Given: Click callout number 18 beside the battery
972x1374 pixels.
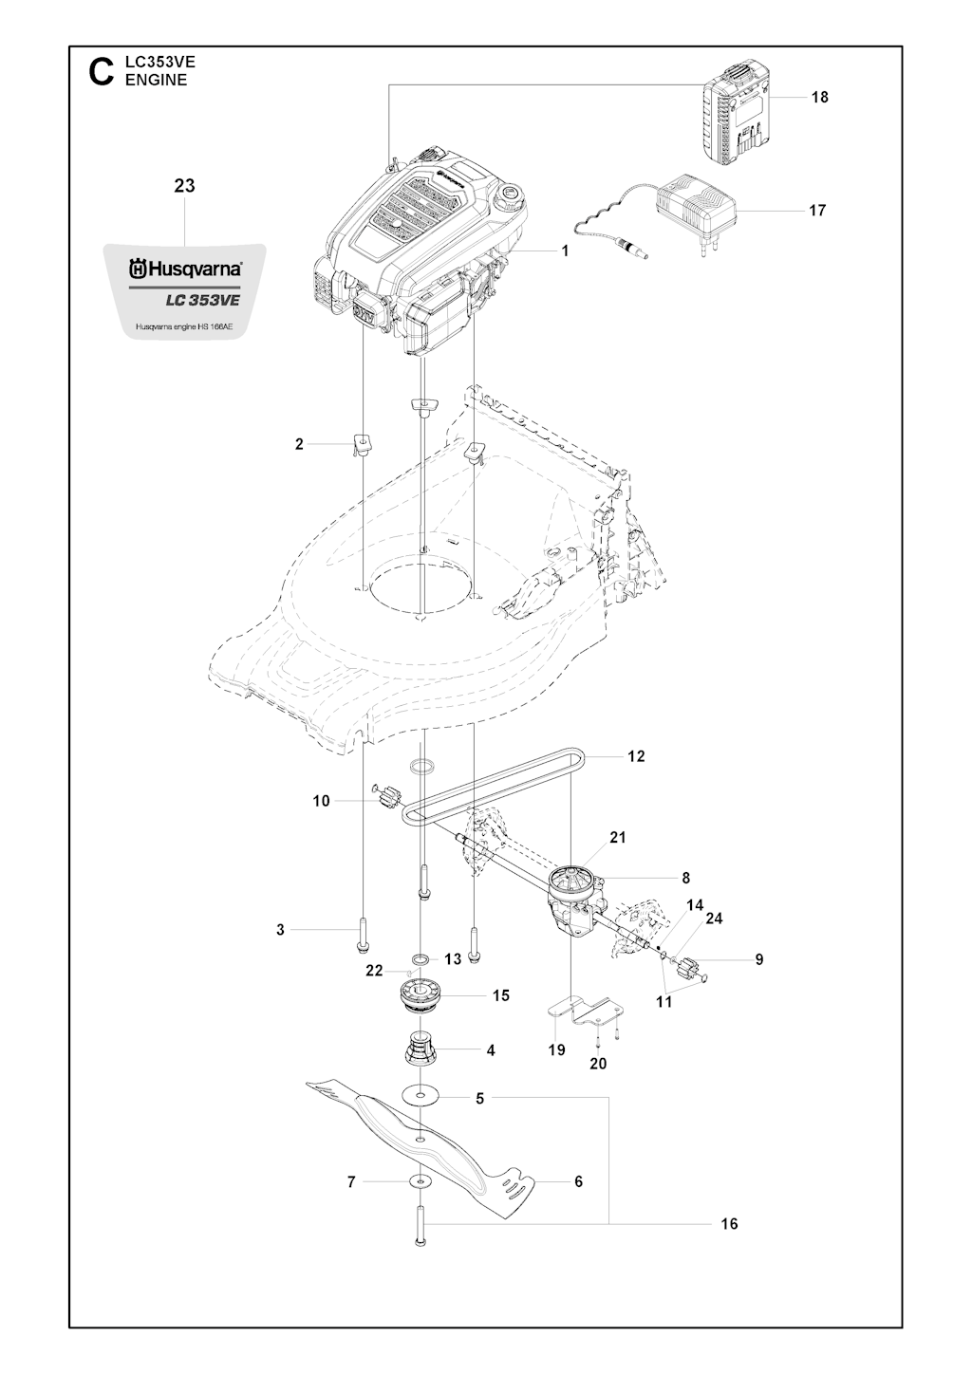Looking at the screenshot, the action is (x=820, y=97).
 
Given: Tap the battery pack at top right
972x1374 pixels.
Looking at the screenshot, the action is (x=736, y=116).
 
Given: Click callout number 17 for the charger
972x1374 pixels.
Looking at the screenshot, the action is (x=817, y=211).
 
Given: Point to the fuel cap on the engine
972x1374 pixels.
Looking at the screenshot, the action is (x=509, y=195).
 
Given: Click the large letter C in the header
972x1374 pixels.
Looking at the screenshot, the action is (x=102, y=72).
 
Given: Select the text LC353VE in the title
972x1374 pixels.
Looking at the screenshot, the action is (x=160, y=62).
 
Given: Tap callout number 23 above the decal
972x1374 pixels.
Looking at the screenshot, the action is (x=184, y=185).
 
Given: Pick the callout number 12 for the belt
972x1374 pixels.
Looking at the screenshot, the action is (x=636, y=756).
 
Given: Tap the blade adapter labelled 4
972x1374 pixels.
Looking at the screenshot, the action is (x=421, y=1049).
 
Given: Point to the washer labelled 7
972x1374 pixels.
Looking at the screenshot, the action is (x=420, y=1179).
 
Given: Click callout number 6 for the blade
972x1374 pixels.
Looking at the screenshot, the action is (x=578, y=1180).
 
